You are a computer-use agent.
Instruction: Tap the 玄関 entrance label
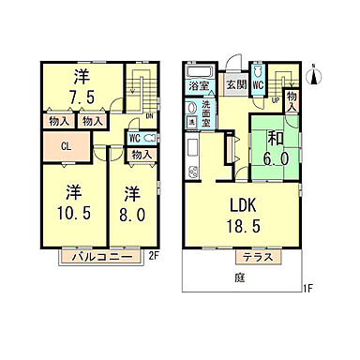tap(234, 83)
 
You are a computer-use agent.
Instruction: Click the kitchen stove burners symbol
tap(194, 171)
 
